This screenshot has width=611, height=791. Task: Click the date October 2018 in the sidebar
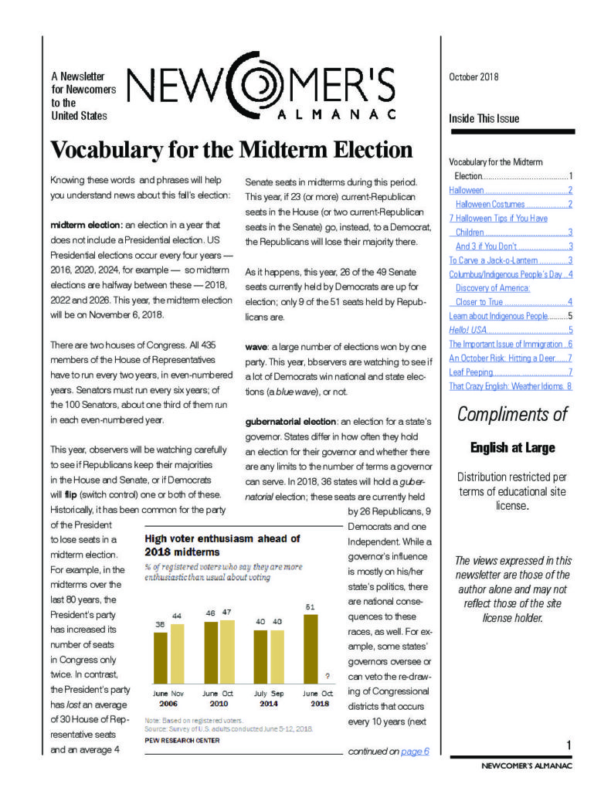(474, 76)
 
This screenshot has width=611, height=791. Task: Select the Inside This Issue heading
(484, 119)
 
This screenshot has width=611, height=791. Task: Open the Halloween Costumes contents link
(490, 204)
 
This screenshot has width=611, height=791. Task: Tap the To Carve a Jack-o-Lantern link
(487, 260)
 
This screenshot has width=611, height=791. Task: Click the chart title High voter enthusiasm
(222, 538)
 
